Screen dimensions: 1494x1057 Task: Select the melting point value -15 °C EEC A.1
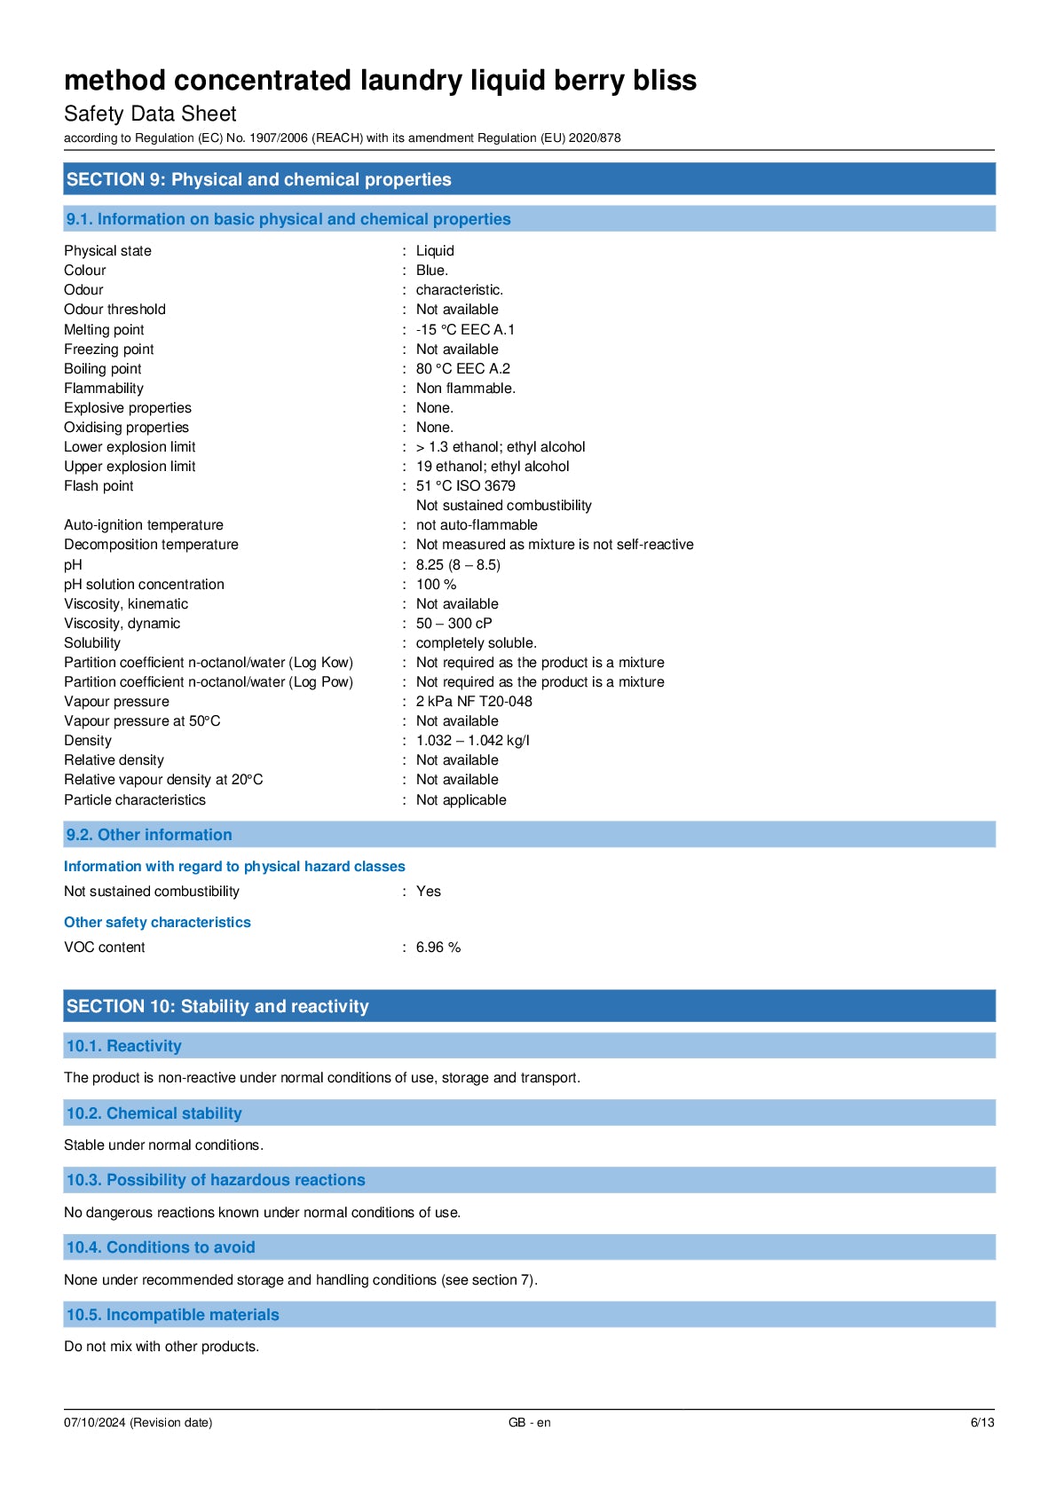[x=465, y=329]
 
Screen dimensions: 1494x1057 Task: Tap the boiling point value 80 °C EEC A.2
[x=462, y=368]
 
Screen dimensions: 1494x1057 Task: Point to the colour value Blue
[x=431, y=271]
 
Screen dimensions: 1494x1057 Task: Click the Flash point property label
[x=99, y=486]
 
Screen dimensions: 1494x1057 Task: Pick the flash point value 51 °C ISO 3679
[x=465, y=486]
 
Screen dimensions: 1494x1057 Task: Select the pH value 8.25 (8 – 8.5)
[x=458, y=565]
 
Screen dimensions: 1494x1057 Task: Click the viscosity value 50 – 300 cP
[x=454, y=624]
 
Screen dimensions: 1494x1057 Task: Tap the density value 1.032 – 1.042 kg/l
[x=472, y=741]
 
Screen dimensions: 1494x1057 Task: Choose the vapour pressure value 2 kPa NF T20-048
[x=474, y=702]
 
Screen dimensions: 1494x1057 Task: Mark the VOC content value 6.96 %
[x=438, y=948]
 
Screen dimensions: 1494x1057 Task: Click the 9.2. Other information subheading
[x=149, y=835]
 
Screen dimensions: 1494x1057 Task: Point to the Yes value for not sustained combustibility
[x=428, y=892]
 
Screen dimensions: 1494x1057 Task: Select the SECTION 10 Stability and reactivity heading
[x=217, y=1006]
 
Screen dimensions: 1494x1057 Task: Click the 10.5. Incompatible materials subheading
[x=173, y=1315]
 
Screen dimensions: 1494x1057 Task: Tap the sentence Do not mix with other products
[x=162, y=1347]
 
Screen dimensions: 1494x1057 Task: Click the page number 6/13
[x=982, y=1422]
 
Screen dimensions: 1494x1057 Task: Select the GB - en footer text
[x=529, y=1422]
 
